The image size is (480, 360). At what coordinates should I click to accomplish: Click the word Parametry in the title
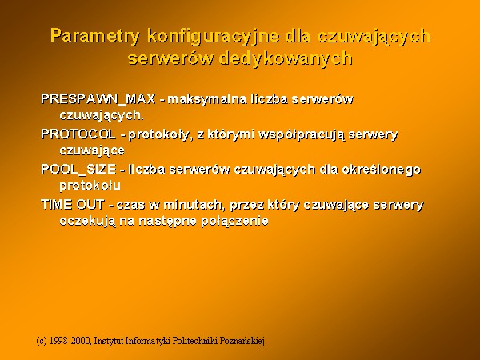pos(95,36)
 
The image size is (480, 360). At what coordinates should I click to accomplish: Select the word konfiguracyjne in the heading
pos(214,36)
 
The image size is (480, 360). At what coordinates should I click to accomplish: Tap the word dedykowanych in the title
pos(286,58)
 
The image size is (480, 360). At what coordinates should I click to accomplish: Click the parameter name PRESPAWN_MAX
pos(98,99)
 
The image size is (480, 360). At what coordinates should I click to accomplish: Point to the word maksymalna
pos(207,99)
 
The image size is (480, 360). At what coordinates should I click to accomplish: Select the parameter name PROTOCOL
pos(78,134)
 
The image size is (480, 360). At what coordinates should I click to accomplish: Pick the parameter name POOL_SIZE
pos(78,170)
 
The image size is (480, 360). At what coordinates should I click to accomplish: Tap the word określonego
pos(382,170)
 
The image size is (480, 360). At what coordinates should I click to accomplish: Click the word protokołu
pos(90,186)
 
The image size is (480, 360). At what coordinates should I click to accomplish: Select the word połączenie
pos(234,222)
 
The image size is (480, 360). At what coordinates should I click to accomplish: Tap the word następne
pos(167,222)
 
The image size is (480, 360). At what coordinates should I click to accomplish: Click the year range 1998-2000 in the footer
pos(70,341)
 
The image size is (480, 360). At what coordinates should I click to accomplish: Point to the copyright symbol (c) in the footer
pos(42,341)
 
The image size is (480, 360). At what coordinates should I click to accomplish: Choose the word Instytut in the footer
pos(109,341)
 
